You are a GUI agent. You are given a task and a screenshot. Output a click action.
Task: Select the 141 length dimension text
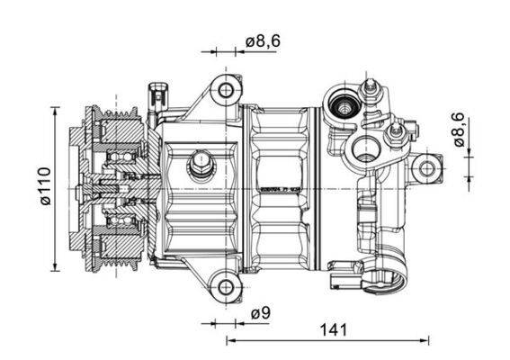point(333,329)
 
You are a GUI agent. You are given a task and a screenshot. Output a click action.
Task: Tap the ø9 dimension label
point(260,313)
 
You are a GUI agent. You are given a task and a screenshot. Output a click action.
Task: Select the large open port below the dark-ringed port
point(366,148)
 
